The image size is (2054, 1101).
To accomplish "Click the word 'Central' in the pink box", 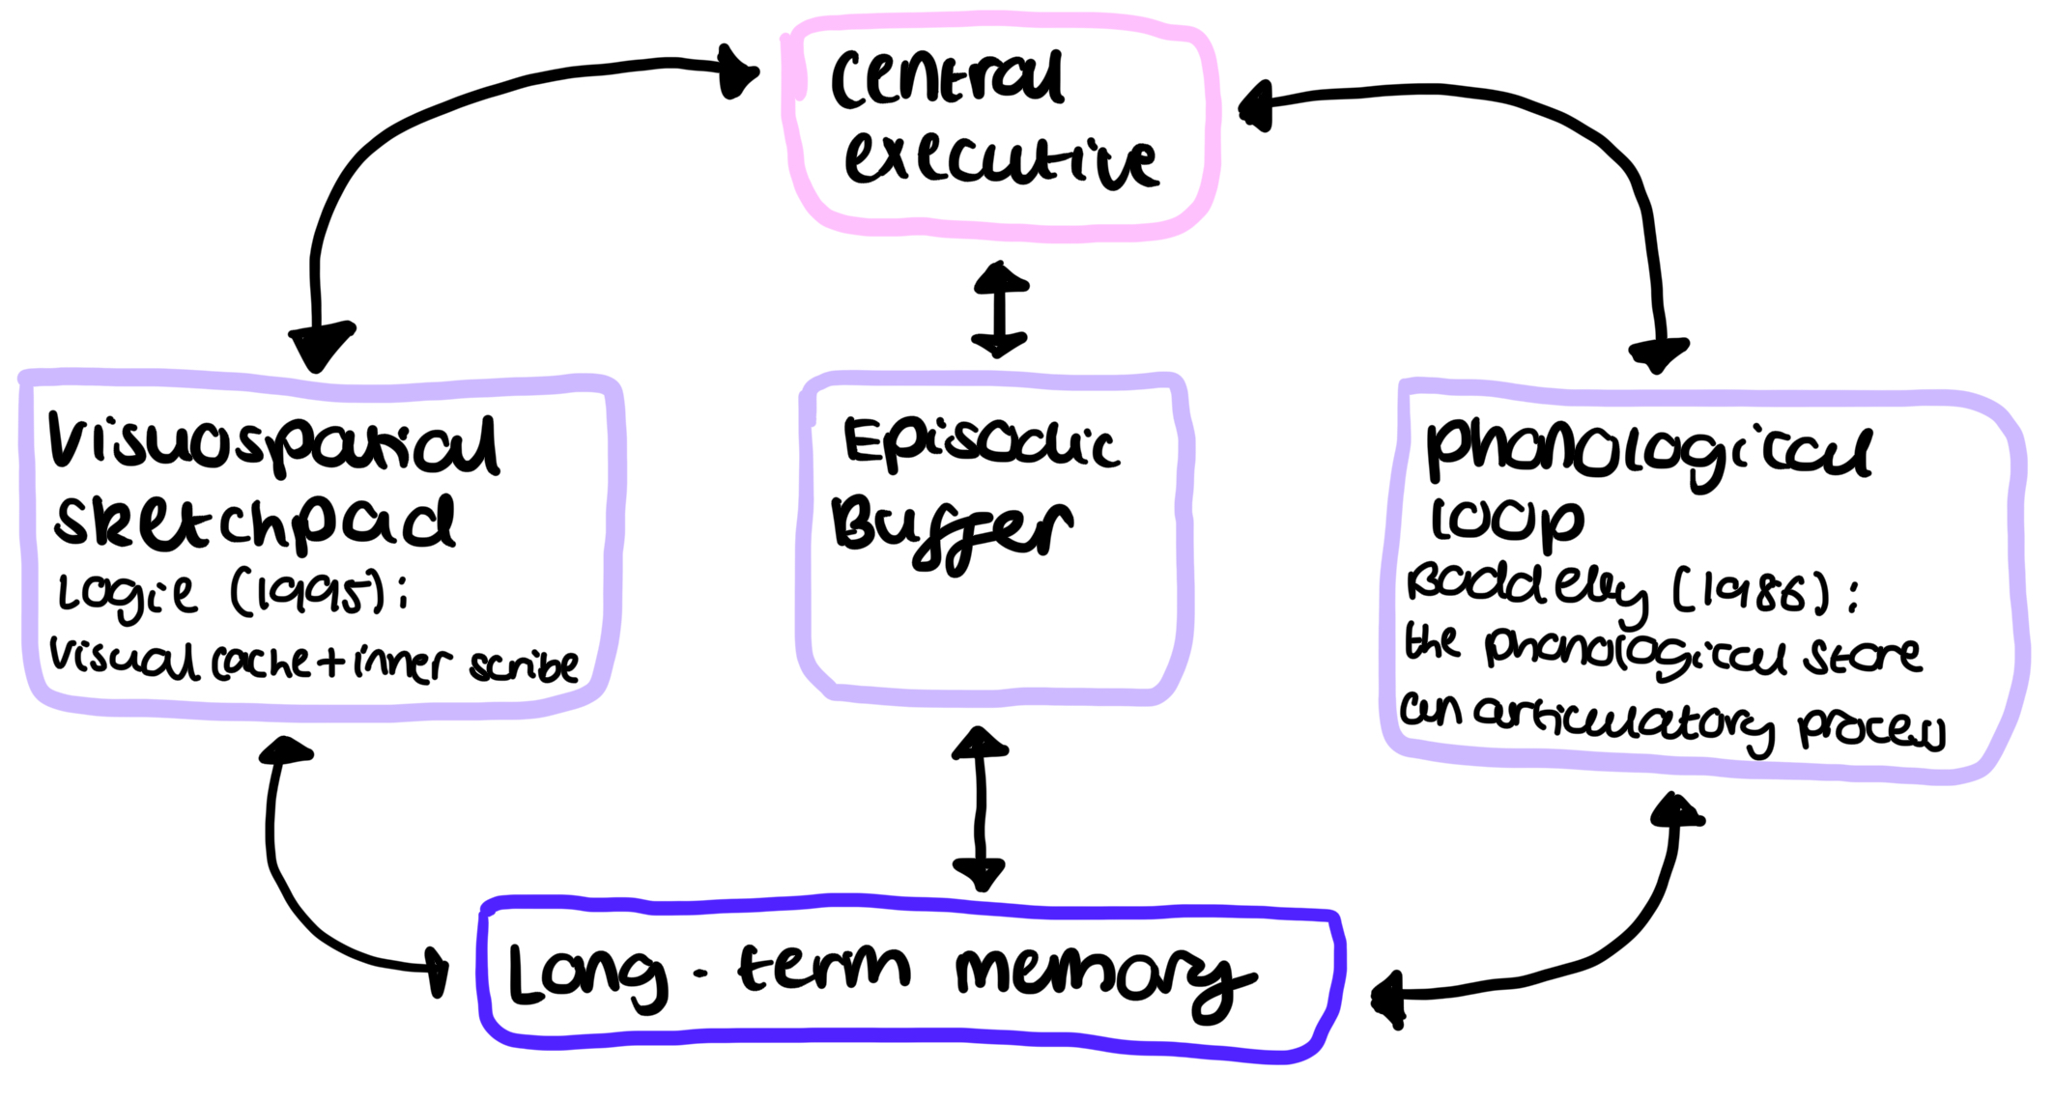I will pos(947,79).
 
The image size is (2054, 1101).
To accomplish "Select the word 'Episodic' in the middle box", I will pos(981,444).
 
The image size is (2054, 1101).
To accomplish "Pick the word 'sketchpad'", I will pos(254,523).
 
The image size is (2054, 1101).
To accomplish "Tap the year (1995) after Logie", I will pos(309,593).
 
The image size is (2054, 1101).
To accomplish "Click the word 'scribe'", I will pos(525,664).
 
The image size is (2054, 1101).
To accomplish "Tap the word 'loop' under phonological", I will pos(1507,522).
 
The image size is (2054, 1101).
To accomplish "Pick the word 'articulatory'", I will pos(1623,720).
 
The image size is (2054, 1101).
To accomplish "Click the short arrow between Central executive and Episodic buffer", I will pos(1000,309).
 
